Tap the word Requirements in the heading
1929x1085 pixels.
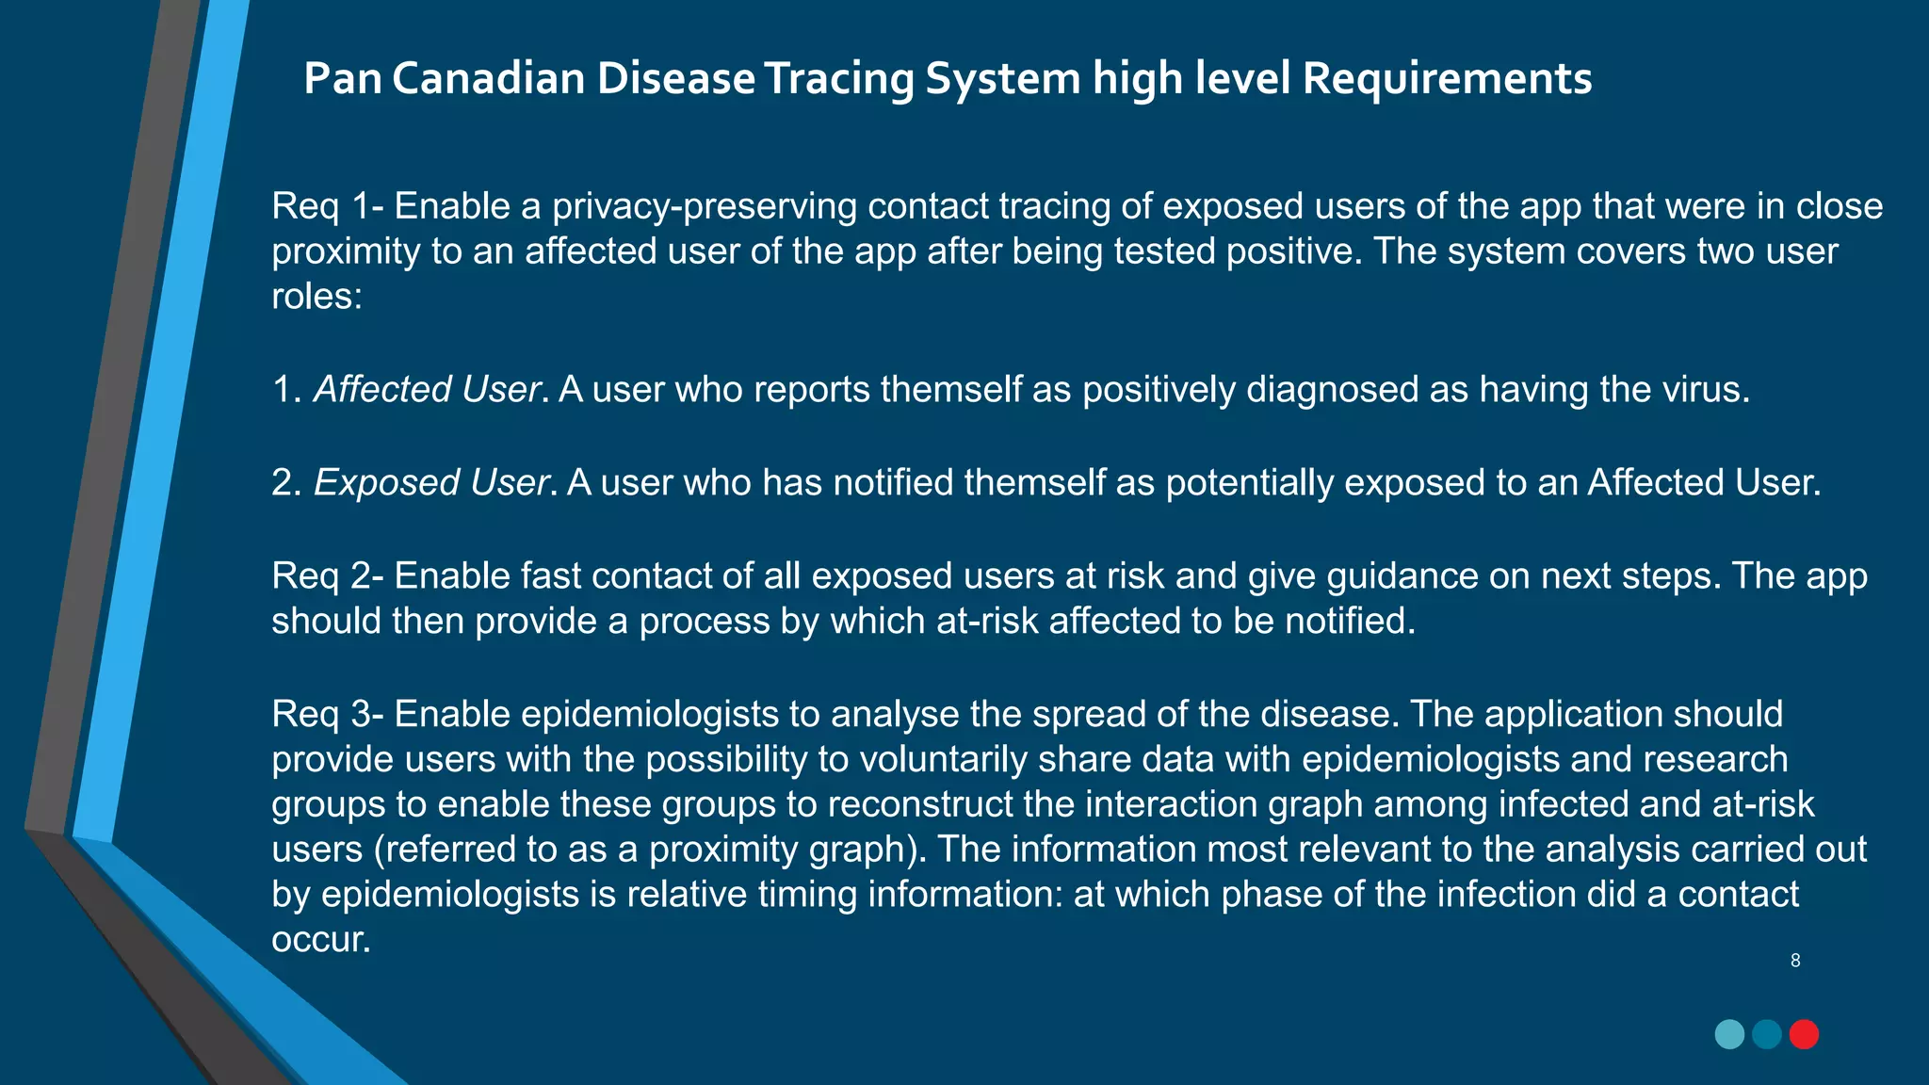(x=1447, y=78)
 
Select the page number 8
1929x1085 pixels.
(x=1795, y=961)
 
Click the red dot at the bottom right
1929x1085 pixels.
(x=1804, y=1034)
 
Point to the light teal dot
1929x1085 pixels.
(x=1729, y=1034)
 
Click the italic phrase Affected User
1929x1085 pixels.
(x=428, y=389)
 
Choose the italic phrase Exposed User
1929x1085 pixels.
(x=431, y=482)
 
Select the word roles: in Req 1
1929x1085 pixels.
(x=316, y=296)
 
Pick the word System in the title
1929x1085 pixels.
(x=1002, y=78)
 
